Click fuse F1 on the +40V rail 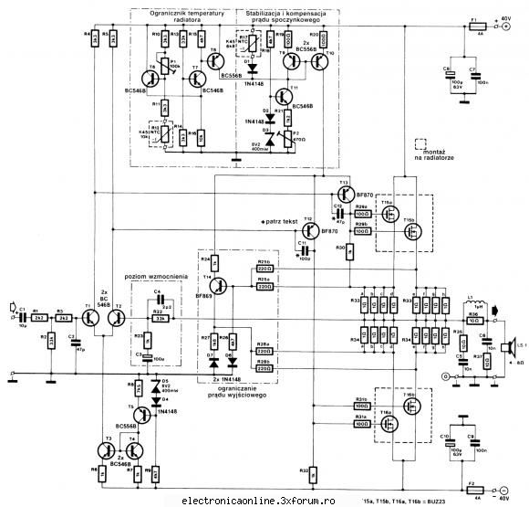pyautogui.click(x=473, y=27)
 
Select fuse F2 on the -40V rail pyautogui.click(x=472, y=485)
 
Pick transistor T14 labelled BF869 pyautogui.click(x=219, y=286)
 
